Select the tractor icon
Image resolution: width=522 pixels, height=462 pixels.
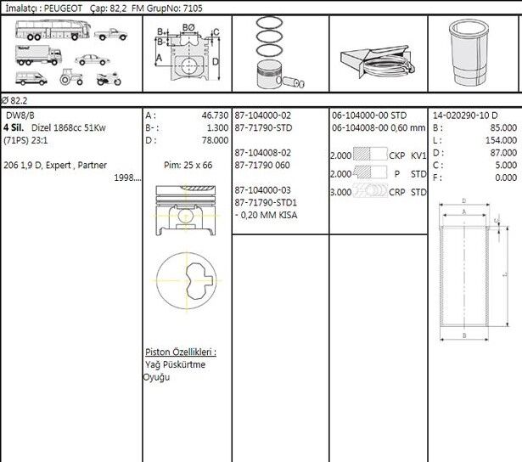tap(70, 78)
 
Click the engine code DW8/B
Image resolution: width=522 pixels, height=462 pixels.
tap(20, 115)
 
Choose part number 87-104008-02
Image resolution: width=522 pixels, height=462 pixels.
tap(263, 153)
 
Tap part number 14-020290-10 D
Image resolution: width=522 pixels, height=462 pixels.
tap(465, 115)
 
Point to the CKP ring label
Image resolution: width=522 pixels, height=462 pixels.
tap(396, 156)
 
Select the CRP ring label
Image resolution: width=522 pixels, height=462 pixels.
tap(396, 192)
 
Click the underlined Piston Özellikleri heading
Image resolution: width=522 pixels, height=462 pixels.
tap(179, 352)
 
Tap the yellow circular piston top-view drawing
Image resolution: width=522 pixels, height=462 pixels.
tap(187, 279)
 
